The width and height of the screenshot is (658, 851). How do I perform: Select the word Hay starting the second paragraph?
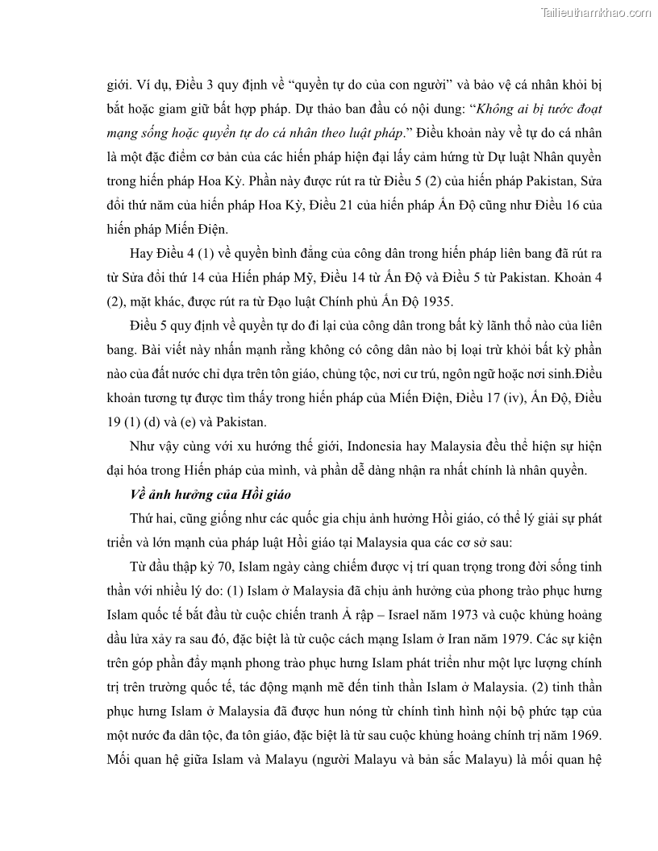(141, 255)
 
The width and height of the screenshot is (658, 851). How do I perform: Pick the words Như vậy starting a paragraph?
(152, 446)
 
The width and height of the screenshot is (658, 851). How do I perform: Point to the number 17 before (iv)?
(481, 398)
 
